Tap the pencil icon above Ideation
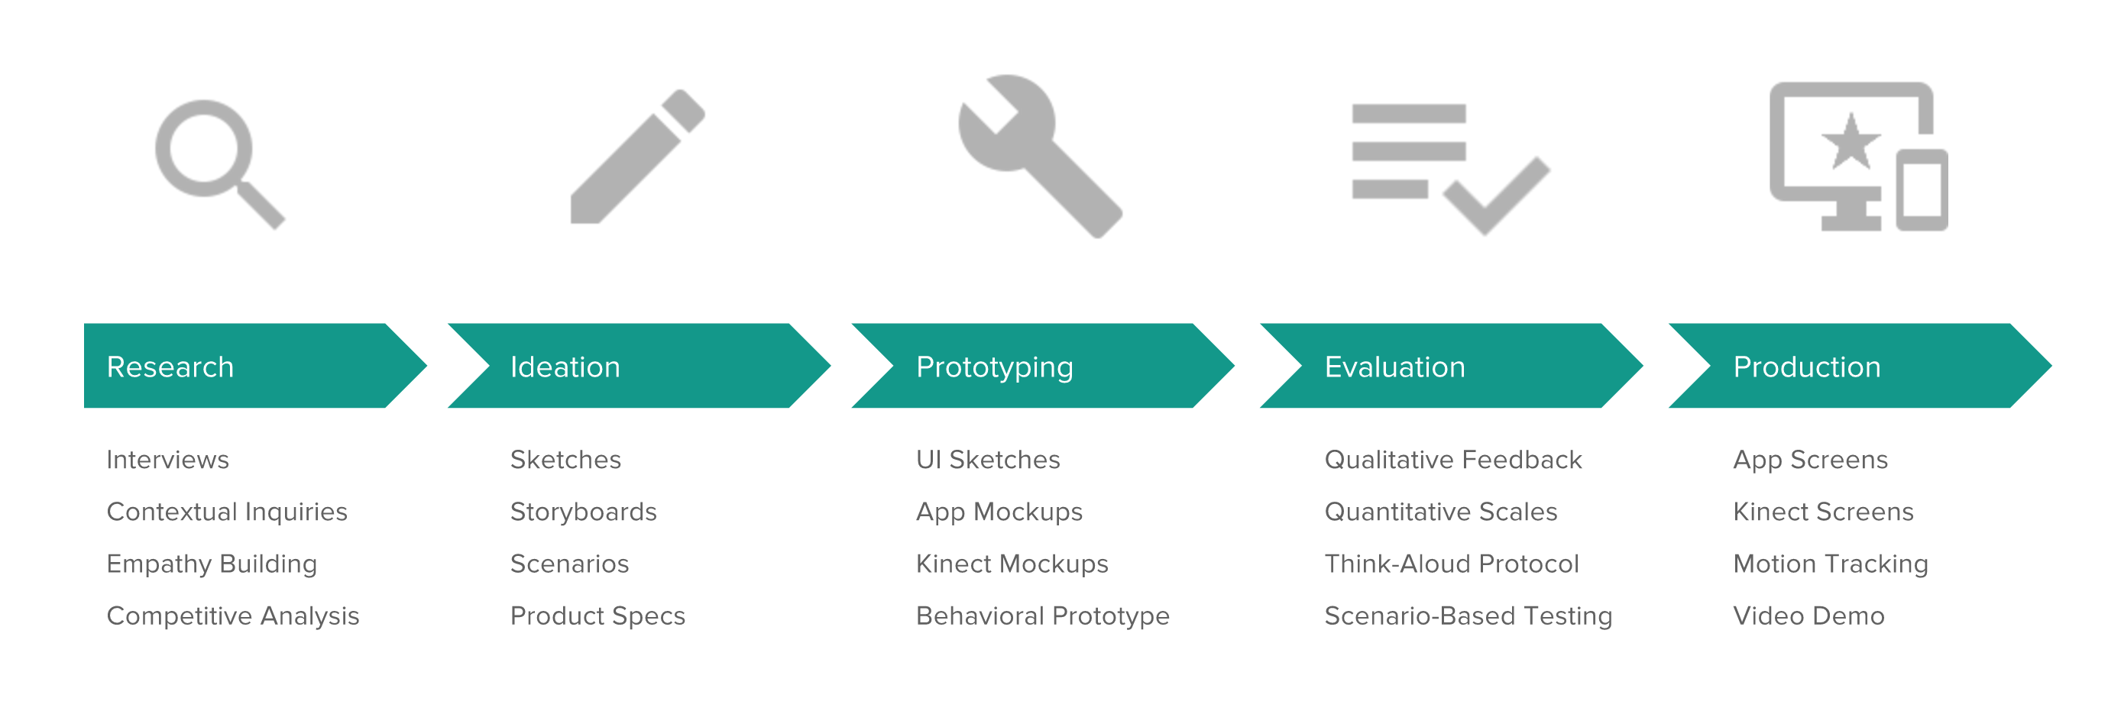tap(637, 157)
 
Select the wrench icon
tap(1039, 156)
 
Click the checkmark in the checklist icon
tap(1496, 196)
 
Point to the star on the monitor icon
tap(1850, 141)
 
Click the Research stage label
tap(170, 367)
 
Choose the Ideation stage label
tap(565, 367)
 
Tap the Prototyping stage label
tap(995, 367)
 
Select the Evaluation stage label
tap(1395, 367)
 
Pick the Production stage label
tap(1806, 367)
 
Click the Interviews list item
tap(168, 460)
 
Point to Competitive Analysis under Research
tap(233, 616)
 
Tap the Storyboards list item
tap(583, 512)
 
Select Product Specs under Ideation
tap(597, 616)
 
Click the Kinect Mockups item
tap(1012, 564)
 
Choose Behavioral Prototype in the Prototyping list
tap(1042, 616)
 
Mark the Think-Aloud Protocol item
tap(1452, 564)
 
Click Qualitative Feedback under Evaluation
tap(1453, 460)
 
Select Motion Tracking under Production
tap(1831, 564)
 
